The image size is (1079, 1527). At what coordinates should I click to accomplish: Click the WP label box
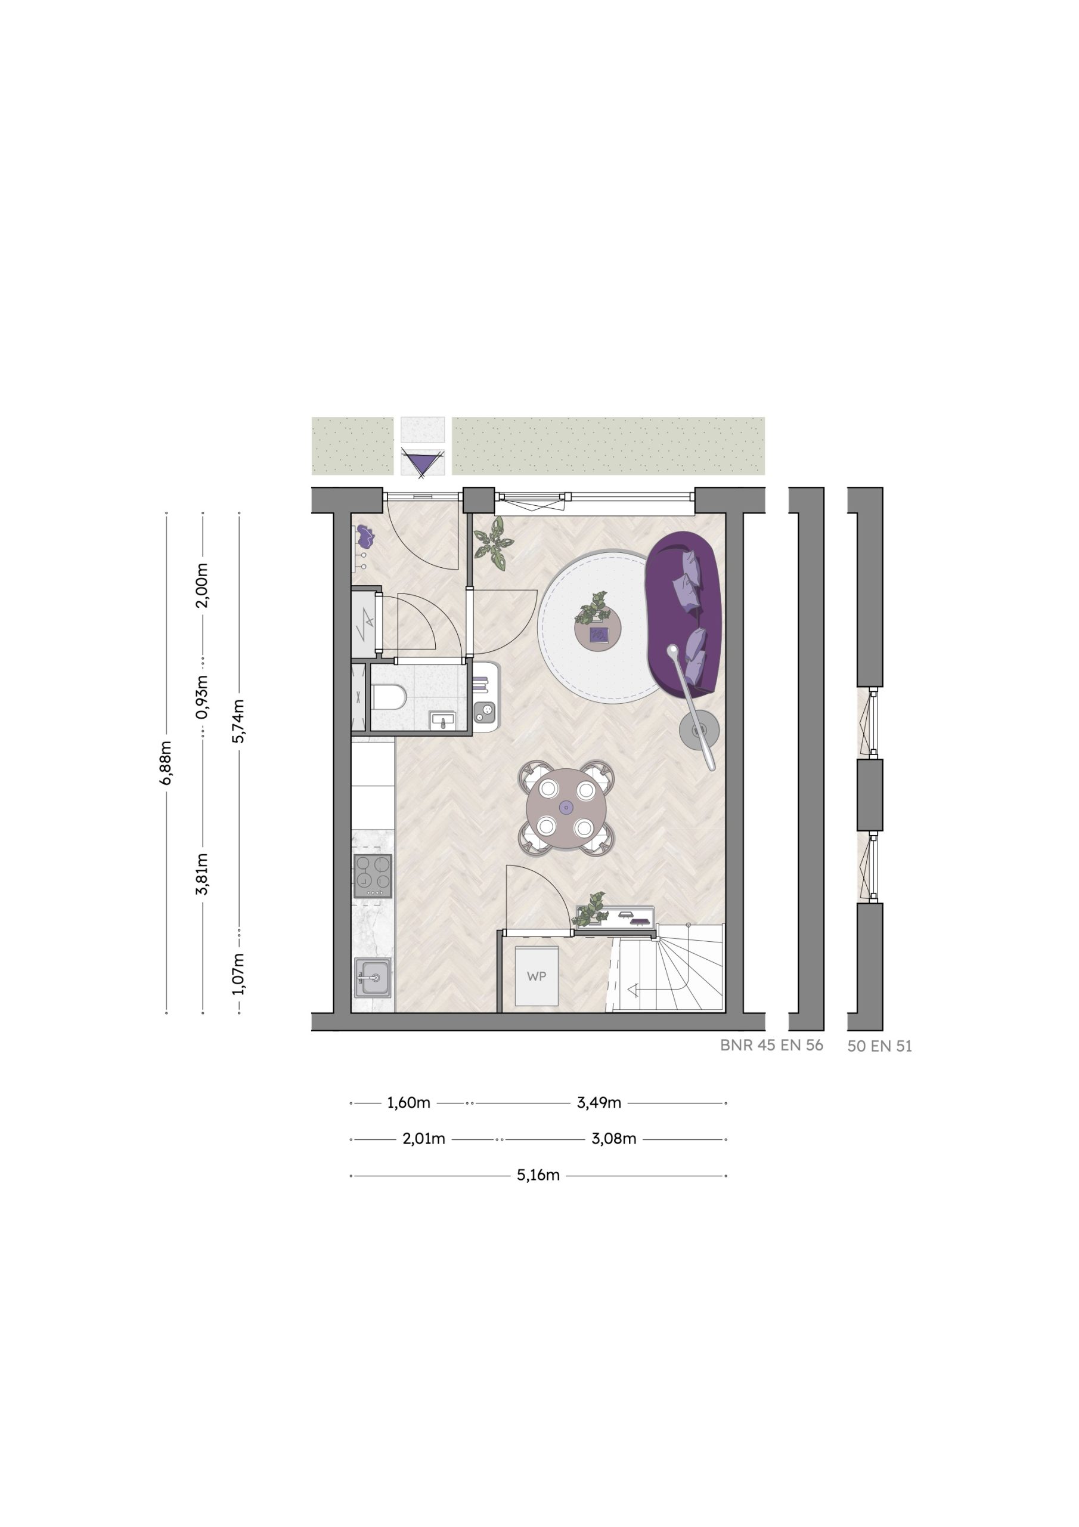pyautogui.click(x=537, y=976)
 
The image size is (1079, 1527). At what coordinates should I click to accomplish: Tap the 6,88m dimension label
pyautogui.click(x=166, y=763)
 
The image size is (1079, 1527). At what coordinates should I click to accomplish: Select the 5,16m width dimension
pyautogui.click(x=538, y=1175)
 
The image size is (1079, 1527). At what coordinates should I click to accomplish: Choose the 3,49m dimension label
pyautogui.click(x=599, y=1103)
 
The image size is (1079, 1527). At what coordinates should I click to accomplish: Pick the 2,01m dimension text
pyautogui.click(x=423, y=1139)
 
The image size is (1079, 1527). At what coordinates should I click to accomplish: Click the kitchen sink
pyautogui.click(x=373, y=977)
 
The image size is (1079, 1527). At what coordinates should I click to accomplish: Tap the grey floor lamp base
pyautogui.click(x=699, y=730)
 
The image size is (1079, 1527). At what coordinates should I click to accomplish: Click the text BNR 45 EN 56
pyautogui.click(x=771, y=1045)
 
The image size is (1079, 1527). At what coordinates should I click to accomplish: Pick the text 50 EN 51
pyautogui.click(x=879, y=1046)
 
